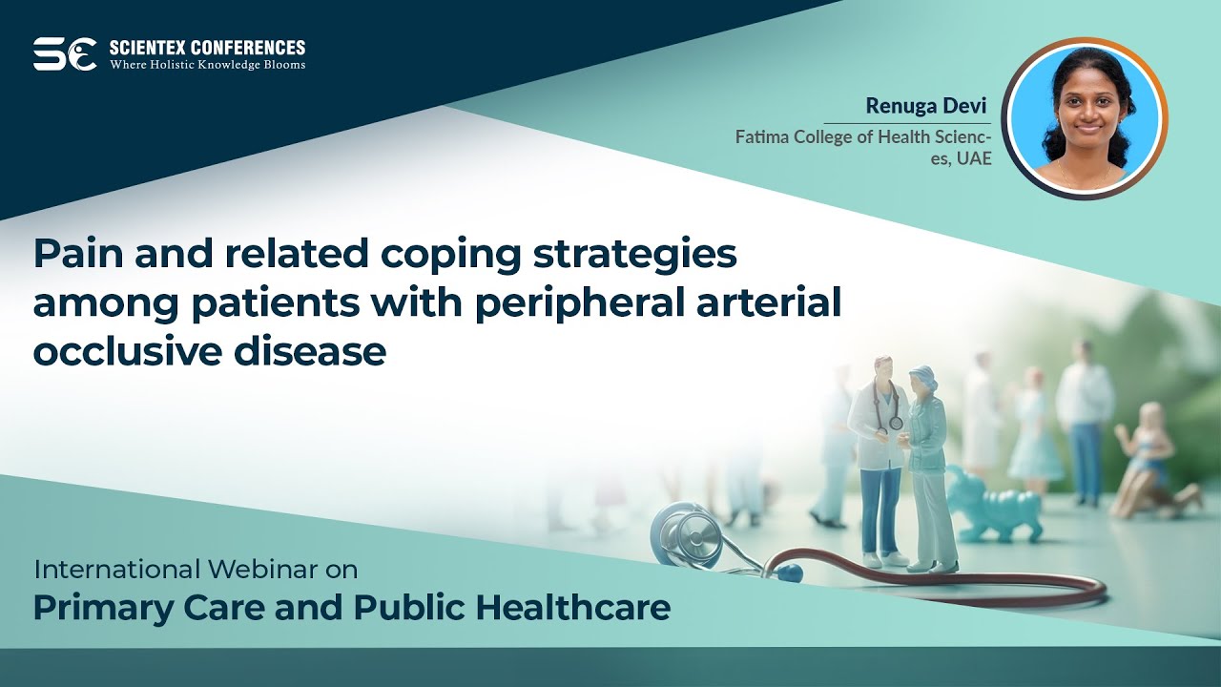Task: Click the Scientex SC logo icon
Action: (x=65, y=53)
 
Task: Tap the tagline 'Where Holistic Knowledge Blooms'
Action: (x=207, y=65)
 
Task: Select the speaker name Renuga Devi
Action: (x=913, y=105)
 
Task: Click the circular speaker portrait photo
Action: (x=1084, y=118)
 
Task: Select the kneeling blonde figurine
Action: (x=1149, y=463)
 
